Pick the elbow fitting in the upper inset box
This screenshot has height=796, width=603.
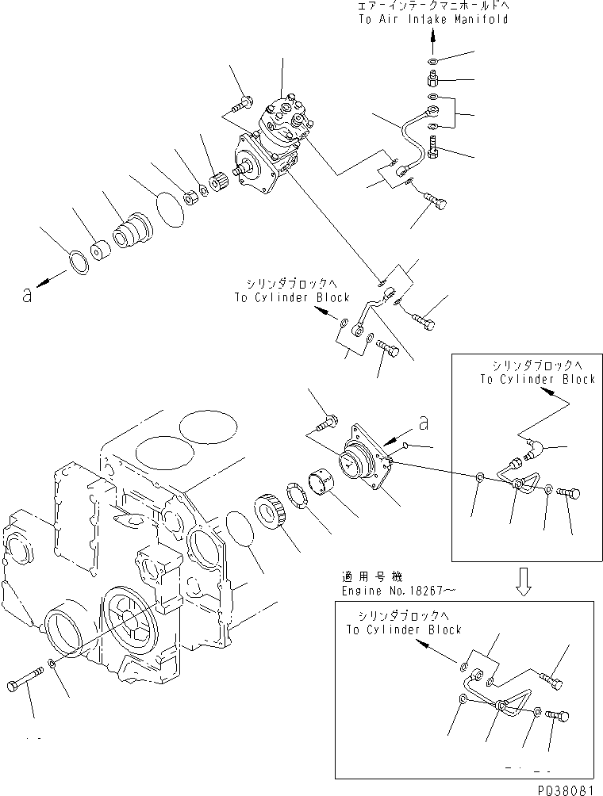click(x=529, y=450)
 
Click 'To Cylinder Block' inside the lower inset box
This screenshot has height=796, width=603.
click(x=403, y=630)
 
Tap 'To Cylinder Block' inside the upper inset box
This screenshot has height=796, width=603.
click(x=536, y=379)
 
